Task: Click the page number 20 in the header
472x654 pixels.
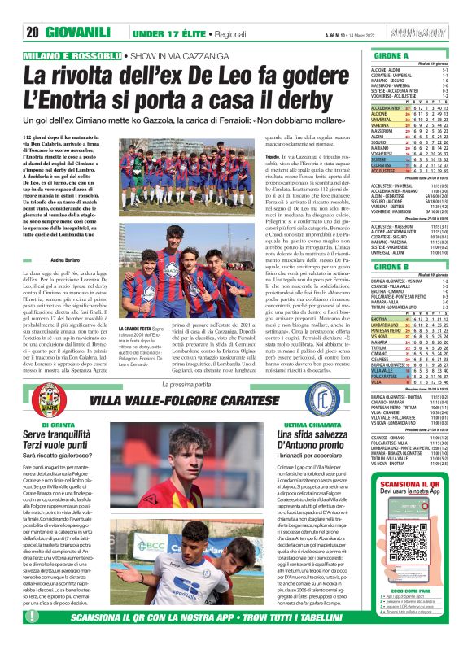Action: [33, 10]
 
